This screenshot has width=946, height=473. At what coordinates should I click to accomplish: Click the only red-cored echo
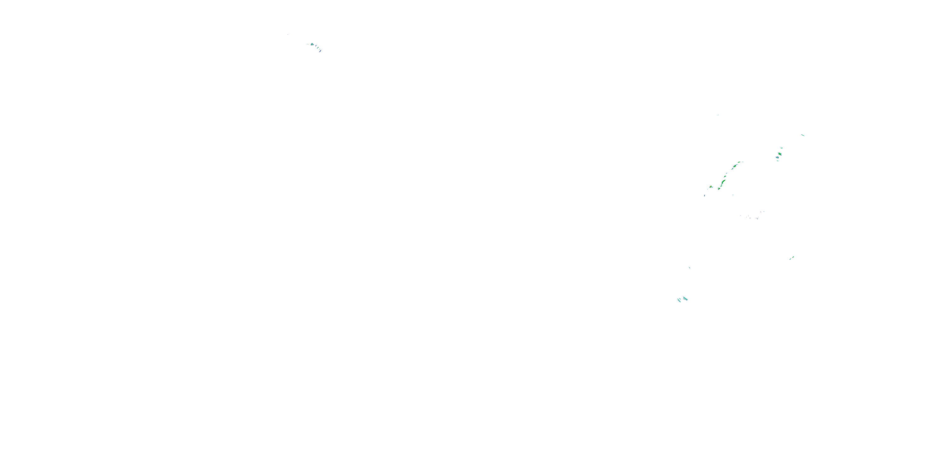tap(710, 187)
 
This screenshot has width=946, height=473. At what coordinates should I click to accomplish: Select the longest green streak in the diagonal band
tap(723, 182)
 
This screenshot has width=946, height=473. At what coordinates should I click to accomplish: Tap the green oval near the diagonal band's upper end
tap(735, 166)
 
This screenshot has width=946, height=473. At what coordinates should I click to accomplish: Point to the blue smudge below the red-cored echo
tap(705, 196)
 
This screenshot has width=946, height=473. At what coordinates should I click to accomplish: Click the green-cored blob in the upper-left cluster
tap(312, 44)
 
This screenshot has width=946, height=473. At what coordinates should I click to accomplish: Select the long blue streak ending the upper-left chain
tap(320, 51)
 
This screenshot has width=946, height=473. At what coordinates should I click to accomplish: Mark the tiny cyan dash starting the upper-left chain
tap(307, 44)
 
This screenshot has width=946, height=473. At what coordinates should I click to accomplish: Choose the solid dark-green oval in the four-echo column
tap(780, 154)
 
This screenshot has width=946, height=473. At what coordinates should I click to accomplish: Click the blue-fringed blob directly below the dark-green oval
tap(777, 158)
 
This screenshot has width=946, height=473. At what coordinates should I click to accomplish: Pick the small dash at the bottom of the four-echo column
tap(778, 161)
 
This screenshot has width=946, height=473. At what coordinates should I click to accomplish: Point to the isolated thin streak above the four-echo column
tap(803, 136)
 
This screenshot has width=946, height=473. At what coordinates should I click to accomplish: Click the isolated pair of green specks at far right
tap(792, 258)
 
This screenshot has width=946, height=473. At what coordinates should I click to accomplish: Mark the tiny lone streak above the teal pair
tap(689, 267)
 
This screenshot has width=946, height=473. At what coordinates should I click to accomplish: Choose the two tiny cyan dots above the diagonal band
tap(718, 115)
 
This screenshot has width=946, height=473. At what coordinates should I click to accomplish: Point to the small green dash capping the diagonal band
tap(739, 162)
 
